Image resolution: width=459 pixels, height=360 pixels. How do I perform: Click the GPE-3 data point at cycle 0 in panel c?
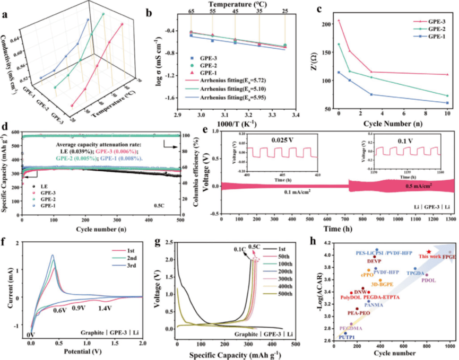click(339, 20)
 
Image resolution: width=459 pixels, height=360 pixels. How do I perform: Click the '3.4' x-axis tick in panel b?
click(296, 114)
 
